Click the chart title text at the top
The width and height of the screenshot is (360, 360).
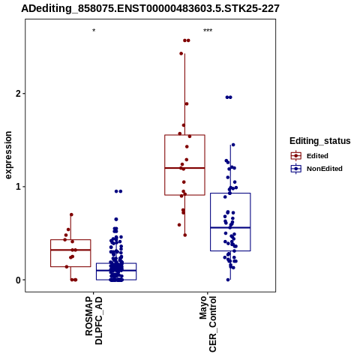[150, 9]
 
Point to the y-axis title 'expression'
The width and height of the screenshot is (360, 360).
[8, 155]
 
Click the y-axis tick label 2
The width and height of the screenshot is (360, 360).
[18, 94]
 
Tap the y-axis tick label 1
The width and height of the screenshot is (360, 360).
[18, 187]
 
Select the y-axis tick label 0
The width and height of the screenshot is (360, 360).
[18, 280]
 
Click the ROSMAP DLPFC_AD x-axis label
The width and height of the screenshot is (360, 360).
[94, 321]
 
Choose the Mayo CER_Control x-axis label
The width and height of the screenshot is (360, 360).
[208, 324]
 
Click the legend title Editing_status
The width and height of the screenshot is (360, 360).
[320, 141]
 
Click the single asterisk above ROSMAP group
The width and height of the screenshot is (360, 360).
[94, 31]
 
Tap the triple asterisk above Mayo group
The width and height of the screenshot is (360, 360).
[208, 31]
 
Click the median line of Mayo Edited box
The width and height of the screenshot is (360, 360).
[184, 168]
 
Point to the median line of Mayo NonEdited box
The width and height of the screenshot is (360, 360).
[230, 227]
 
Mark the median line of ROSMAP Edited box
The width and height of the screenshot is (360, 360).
[70, 250]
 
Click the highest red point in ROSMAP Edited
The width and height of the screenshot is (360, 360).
[71, 214]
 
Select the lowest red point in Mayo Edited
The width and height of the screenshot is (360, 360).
[185, 235]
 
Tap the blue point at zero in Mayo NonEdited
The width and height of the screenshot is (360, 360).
[228, 280]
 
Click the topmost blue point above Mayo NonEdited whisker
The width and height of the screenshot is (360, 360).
[229, 97]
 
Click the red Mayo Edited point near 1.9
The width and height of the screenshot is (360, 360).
[187, 103]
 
